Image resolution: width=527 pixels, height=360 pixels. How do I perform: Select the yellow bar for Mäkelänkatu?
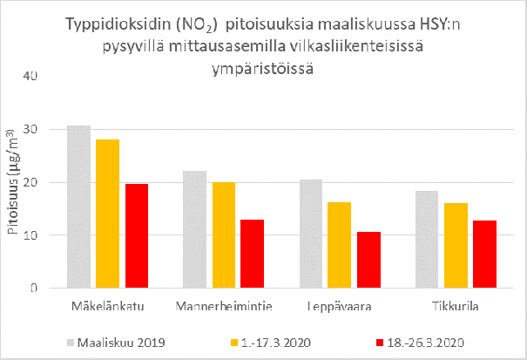(x=108, y=214)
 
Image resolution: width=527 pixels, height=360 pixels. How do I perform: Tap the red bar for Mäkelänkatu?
(x=137, y=235)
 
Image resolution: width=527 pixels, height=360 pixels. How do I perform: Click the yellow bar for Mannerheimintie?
(x=224, y=234)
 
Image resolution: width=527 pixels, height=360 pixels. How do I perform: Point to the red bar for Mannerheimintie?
(x=253, y=254)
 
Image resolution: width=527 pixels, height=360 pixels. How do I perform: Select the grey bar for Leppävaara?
(x=311, y=234)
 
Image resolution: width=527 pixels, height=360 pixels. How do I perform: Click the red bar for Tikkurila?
(x=484, y=254)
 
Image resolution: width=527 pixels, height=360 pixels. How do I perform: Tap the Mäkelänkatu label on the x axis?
(x=108, y=307)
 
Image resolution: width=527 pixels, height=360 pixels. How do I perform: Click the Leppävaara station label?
(x=340, y=307)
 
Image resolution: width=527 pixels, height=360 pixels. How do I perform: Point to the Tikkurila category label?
(x=455, y=307)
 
